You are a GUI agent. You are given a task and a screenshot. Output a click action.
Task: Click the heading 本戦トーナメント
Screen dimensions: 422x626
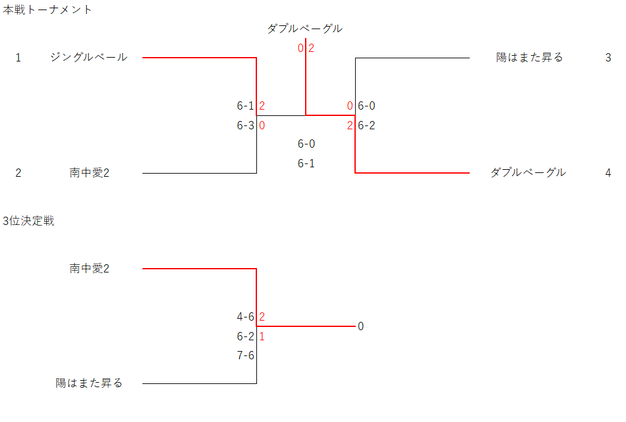[x=47, y=10]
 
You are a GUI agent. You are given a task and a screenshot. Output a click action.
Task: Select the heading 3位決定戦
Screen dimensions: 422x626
[x=28, y=221]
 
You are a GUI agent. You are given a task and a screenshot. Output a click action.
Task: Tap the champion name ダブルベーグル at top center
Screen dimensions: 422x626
[x=304, y=29]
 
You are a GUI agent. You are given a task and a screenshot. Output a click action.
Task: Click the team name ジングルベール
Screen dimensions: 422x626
[x=89, y=58]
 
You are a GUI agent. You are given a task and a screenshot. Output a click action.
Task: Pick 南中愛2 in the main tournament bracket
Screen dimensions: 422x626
[x=89, y=172]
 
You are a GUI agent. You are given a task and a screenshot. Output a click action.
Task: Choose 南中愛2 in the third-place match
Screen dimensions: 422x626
[x=89, y=269]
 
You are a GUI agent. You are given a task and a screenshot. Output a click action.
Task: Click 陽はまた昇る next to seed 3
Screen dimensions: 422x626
[x=529, y=58]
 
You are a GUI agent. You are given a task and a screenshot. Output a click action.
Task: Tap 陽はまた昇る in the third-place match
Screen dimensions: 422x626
[x=89, y=383]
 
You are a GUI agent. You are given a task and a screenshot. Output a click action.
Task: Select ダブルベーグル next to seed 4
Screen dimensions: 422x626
[x=528, y=172]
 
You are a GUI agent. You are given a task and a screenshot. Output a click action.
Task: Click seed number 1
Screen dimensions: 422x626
[x=18, y=58]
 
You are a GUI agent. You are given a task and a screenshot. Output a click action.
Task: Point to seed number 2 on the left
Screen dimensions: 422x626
[x=18, y=172]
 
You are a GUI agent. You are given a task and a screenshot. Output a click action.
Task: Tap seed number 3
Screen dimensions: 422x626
[x=608, y=58]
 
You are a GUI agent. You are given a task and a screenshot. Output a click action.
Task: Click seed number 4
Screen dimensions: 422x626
[x=608, y=172]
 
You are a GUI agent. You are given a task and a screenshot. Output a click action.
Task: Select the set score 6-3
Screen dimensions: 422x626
[x=246, y=125]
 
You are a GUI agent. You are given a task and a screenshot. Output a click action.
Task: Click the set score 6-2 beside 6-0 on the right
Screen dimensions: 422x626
[x=366, y=125]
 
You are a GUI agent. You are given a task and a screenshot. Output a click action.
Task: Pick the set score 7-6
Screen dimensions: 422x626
[x=246, y=355]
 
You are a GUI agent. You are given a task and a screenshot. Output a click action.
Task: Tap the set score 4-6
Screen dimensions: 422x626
[x=246, y=316]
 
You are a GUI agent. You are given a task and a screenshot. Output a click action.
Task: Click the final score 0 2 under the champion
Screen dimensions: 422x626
[x=306, y=48]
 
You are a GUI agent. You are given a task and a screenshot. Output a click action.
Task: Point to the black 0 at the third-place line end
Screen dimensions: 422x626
[x=361, y=326]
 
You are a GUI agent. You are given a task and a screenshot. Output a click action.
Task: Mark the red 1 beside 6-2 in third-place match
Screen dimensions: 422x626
[x=262, y=336]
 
